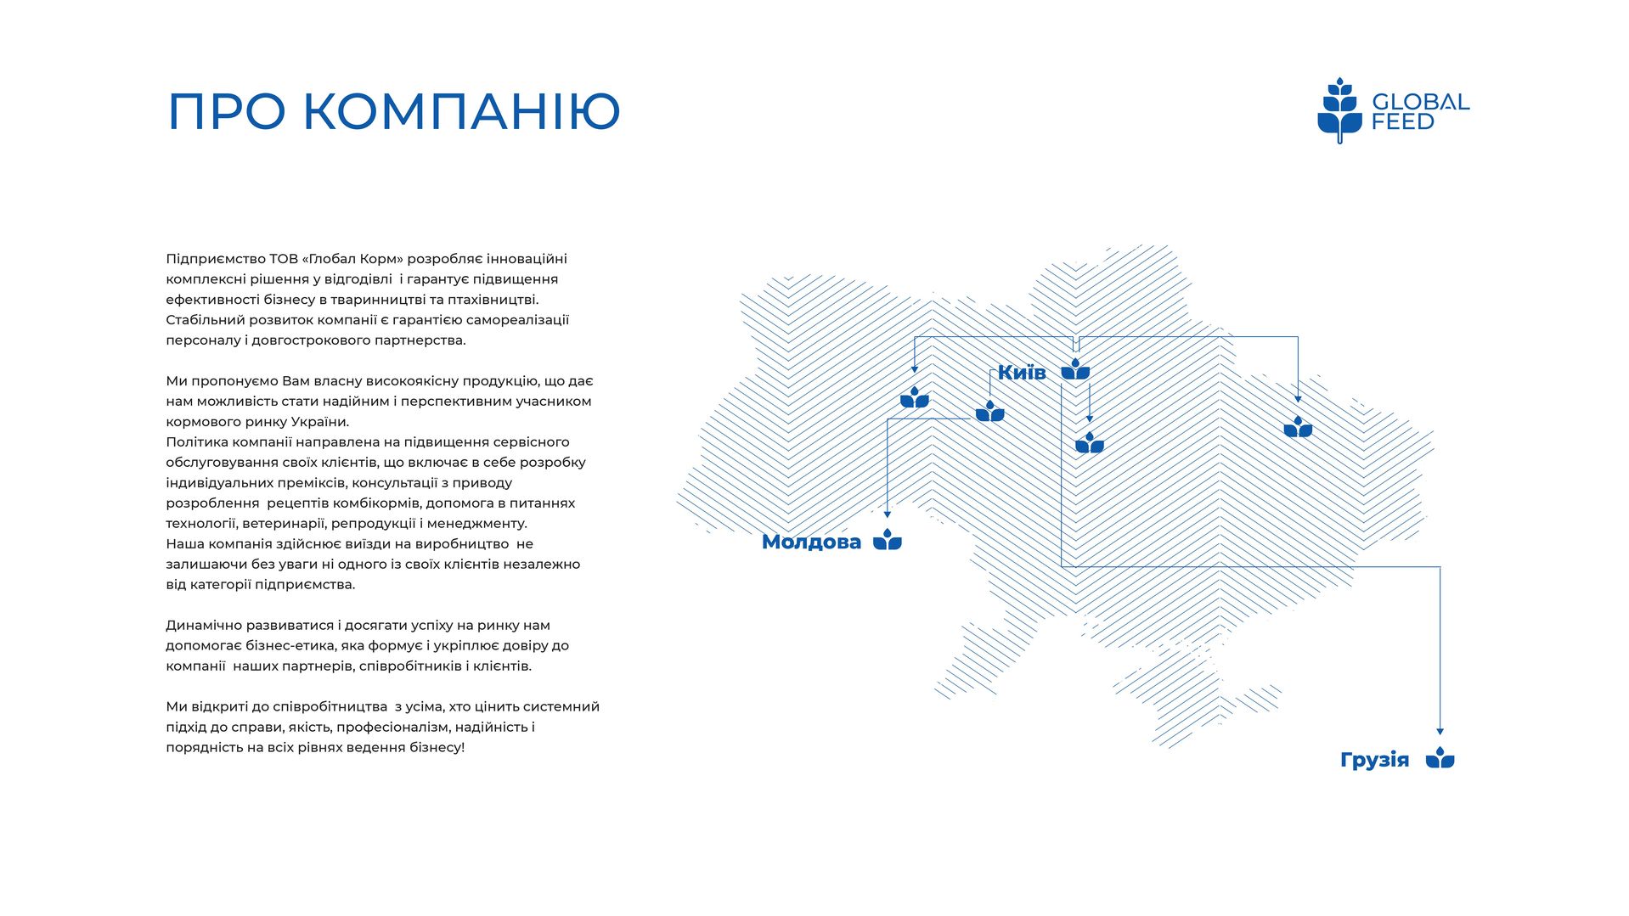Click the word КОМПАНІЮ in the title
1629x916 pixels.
[462, 111]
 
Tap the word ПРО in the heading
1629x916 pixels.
[226, 111]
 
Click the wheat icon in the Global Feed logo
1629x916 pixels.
[1339, 110]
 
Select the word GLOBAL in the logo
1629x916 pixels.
[1420, 102]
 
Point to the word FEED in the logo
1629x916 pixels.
[1403, 122]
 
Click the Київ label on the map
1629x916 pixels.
[1022, 372]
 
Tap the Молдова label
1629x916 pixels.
[811, 542]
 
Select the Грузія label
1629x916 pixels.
[1374, 760]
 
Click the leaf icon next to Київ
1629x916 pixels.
[1075, 369]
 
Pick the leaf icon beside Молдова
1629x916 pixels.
[888, 539]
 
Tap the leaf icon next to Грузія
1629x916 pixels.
[1440, 758]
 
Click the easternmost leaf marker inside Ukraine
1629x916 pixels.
[1298, 427]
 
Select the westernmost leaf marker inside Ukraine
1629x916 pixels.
[915, 397]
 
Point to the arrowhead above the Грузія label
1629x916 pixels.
[1440, 731]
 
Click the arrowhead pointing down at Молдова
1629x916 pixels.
[888, 514]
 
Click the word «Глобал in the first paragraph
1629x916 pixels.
[329, 259]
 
